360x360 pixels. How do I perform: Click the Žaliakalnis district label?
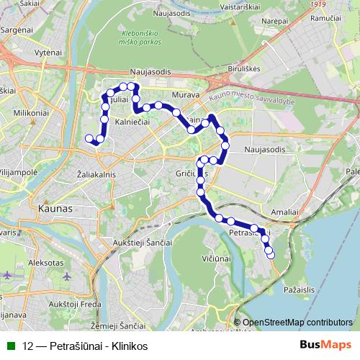(x=96, y=174)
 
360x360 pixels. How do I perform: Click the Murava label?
(x=185, y=94)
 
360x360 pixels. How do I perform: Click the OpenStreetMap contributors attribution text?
(x=297, y=323)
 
